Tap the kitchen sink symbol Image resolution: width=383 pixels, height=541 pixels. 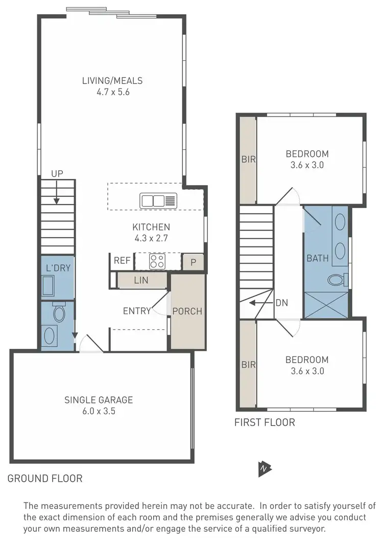[x=158, y=200]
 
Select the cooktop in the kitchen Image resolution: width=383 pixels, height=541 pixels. [x=157, y=261]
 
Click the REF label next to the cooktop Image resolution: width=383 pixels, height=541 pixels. [x=122, y=260]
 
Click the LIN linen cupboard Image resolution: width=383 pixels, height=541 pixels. [x=141, y=280]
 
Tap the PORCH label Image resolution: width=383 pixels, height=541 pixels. [x=187, y=311]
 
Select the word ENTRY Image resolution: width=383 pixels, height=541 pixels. [x=137, y=311]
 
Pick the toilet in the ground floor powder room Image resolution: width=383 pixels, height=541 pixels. [x=58, y=312]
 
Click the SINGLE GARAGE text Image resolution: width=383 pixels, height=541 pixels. [x=98, y=400]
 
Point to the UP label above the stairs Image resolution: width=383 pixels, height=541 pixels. [x=57, y=174]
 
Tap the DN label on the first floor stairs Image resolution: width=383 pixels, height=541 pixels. [x=281, y=303]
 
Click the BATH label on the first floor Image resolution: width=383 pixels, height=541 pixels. [x=317, y=258]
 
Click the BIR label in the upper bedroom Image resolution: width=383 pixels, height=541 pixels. [x=248, y=159]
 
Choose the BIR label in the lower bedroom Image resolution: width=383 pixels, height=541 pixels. [x=248, y=365]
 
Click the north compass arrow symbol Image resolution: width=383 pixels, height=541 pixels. [x=265, y=467]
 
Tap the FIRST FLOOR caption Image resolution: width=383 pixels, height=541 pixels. [x=265, y=422]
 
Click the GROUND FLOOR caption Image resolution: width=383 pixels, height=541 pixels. [x=45, y=479]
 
